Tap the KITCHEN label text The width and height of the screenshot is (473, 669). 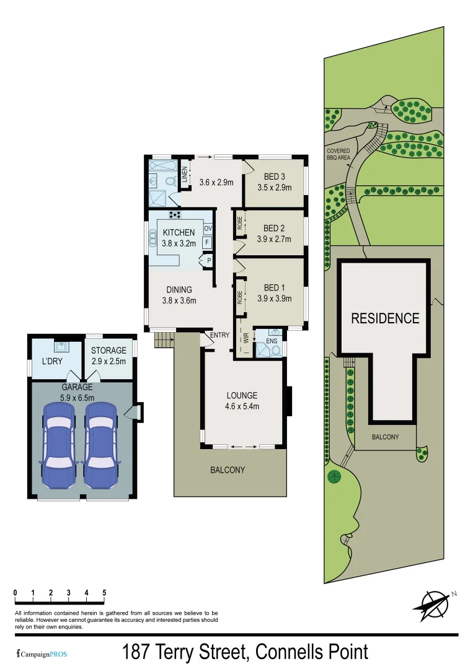[179, 233]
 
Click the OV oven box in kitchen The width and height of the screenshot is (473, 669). [208, 229]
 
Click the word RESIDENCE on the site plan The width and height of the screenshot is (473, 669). [385, 318]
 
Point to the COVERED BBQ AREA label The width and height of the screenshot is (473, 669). [338, 154]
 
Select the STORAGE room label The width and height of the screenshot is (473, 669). [108, 351]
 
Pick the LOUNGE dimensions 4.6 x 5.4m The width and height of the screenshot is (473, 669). [242, 406]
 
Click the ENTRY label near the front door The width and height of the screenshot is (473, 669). [219, 335]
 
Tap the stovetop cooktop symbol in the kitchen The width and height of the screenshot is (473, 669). [175, 215]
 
